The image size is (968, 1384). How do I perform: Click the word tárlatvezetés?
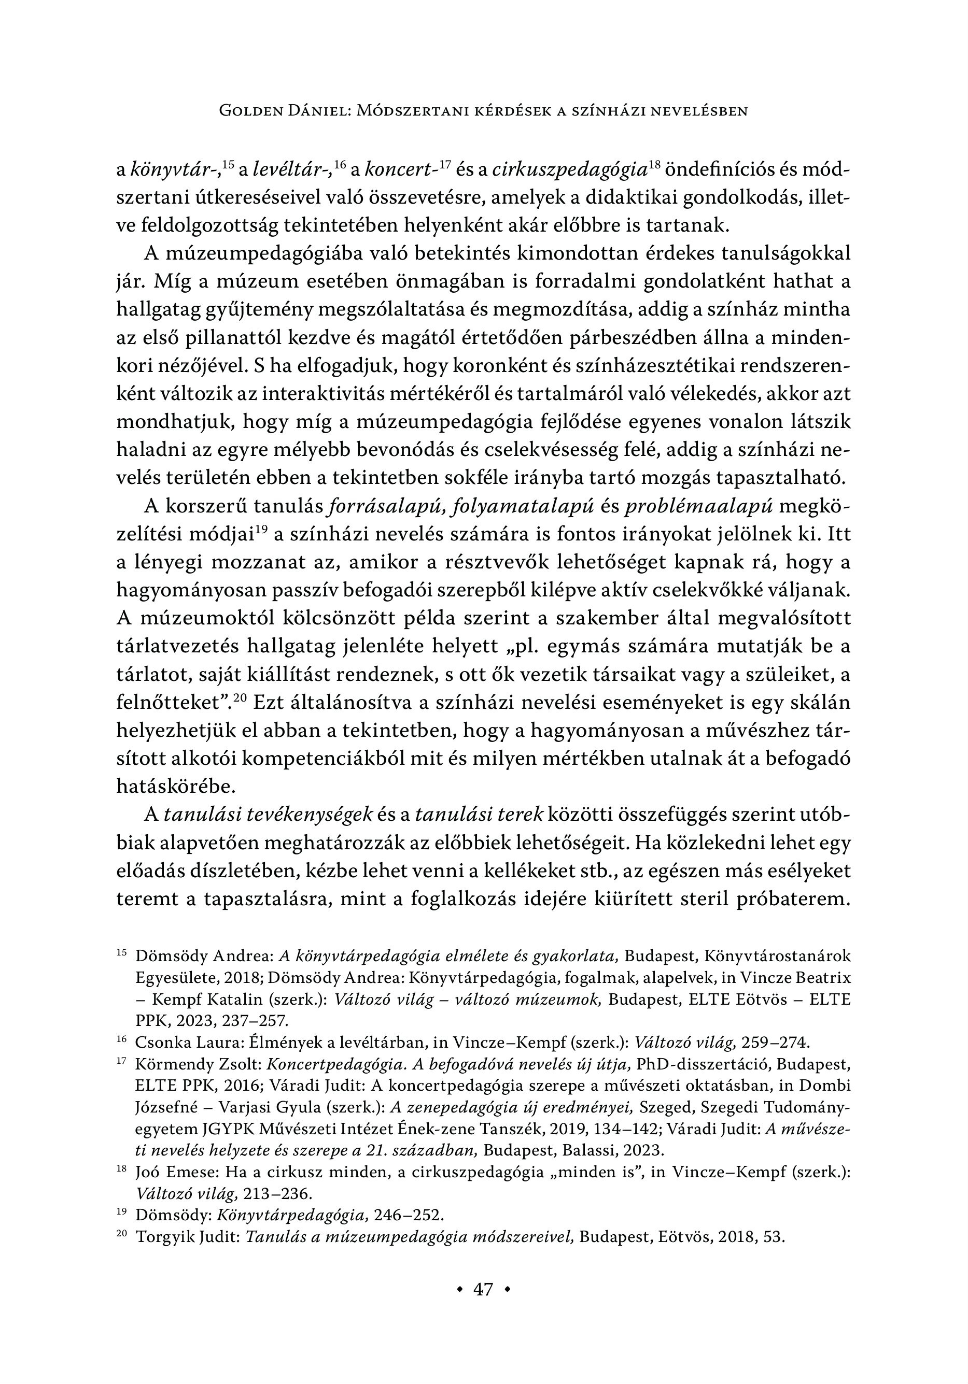coord(177,647)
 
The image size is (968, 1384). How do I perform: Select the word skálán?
coord(820,702)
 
